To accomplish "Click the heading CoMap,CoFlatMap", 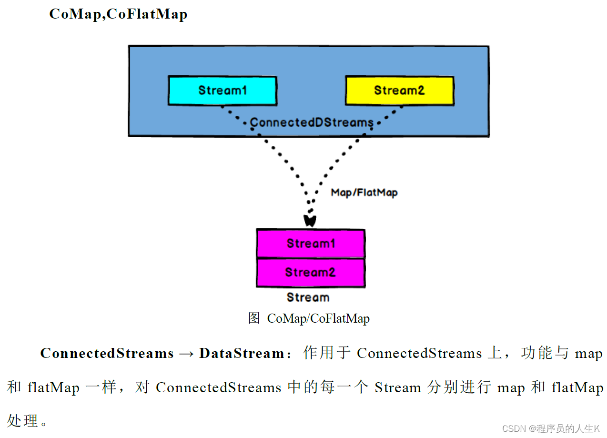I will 118,14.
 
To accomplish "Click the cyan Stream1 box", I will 222,90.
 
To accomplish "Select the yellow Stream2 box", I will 399,90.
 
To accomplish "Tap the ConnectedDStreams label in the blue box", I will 312,122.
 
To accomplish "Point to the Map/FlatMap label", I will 364,193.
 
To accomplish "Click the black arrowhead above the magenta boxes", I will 310,221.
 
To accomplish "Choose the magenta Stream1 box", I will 311,244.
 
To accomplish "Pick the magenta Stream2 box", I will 311,273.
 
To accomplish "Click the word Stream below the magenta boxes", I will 308,297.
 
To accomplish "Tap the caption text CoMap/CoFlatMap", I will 318,318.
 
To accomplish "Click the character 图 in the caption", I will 254,318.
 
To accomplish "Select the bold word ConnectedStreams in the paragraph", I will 107,354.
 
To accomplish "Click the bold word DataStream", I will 242,354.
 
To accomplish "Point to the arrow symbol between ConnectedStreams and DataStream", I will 186,354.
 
